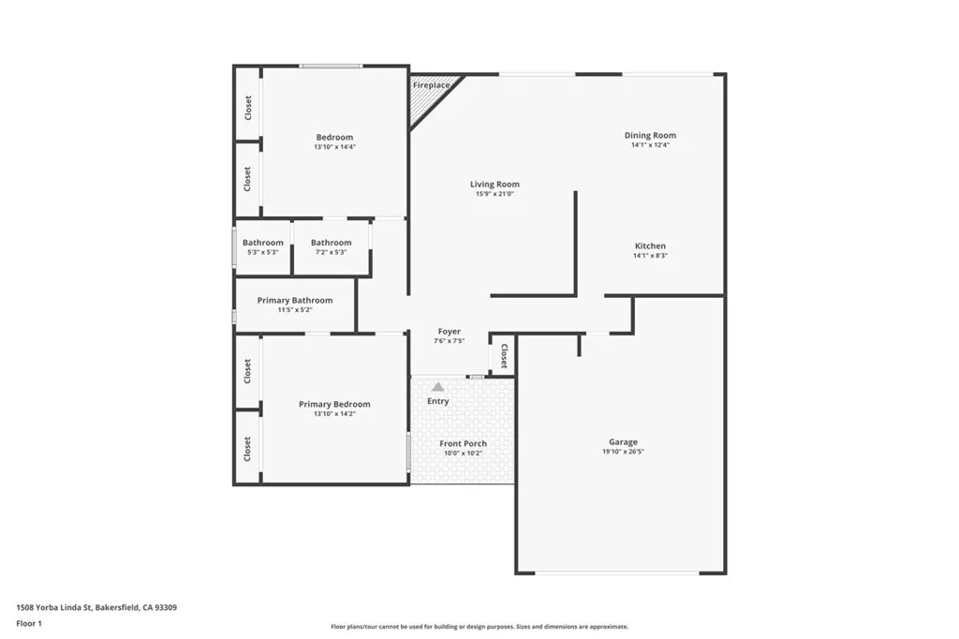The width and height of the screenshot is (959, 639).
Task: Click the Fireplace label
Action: pyautogui.click(x=432, y=85)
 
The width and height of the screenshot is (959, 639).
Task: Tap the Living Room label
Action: pyautogui.click(x=494, y=185)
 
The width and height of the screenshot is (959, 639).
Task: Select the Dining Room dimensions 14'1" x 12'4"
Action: pyautogui.click(x=650, y=145)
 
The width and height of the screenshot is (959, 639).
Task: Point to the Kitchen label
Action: pyautogui.click(x=650, y=246)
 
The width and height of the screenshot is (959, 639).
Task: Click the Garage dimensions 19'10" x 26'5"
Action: pyautogui.click(x=623, y=452)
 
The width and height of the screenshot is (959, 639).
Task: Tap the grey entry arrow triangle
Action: pyautogui.click(x=437, y=386)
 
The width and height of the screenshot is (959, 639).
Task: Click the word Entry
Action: pyautogui.click(x=438, y=401)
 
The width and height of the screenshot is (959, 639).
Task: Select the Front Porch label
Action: pyautogui.click(x=464, y=443)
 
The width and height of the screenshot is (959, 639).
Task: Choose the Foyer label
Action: pyautogui.click(x=450, y=332)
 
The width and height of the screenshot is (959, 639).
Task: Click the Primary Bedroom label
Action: pyautogui.click(x=334, y=404)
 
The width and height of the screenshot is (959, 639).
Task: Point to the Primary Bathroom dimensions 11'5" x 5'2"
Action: pyautogui.click(x=295, y=310)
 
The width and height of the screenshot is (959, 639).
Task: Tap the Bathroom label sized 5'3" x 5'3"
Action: pyautogui.click(x=263, y=243)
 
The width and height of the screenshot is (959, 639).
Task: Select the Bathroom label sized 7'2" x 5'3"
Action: pyautogui.click(x=332, y=243)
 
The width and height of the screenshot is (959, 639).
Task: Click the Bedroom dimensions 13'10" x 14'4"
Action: pyautogui.click(x=334, y=147)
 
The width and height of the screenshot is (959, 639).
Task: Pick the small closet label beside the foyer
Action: pyautogui.click(x=504, y=357)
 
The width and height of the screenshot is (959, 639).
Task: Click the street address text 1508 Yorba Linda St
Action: pyautogui.click(x=56, y=607)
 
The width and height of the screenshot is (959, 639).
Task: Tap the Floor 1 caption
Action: pyautogui.click(x=29, y=623)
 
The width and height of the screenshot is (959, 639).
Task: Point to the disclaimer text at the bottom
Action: pyautogui.click(x=479, y=627)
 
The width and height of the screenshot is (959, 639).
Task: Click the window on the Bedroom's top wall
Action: pyautogui.click(x=331, y=66)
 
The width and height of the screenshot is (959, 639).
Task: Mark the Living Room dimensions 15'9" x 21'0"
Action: pyautogui.click(x=494, y=194)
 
